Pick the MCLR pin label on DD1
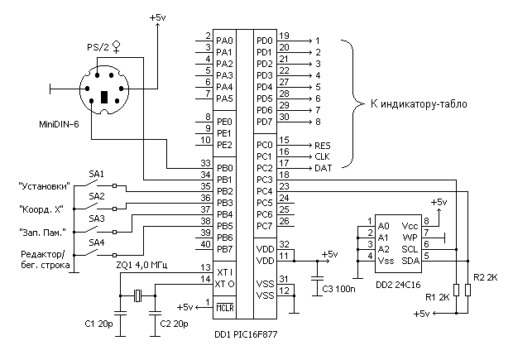point(224,307)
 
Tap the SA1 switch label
point(97,174)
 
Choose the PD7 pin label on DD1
point(265,122)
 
